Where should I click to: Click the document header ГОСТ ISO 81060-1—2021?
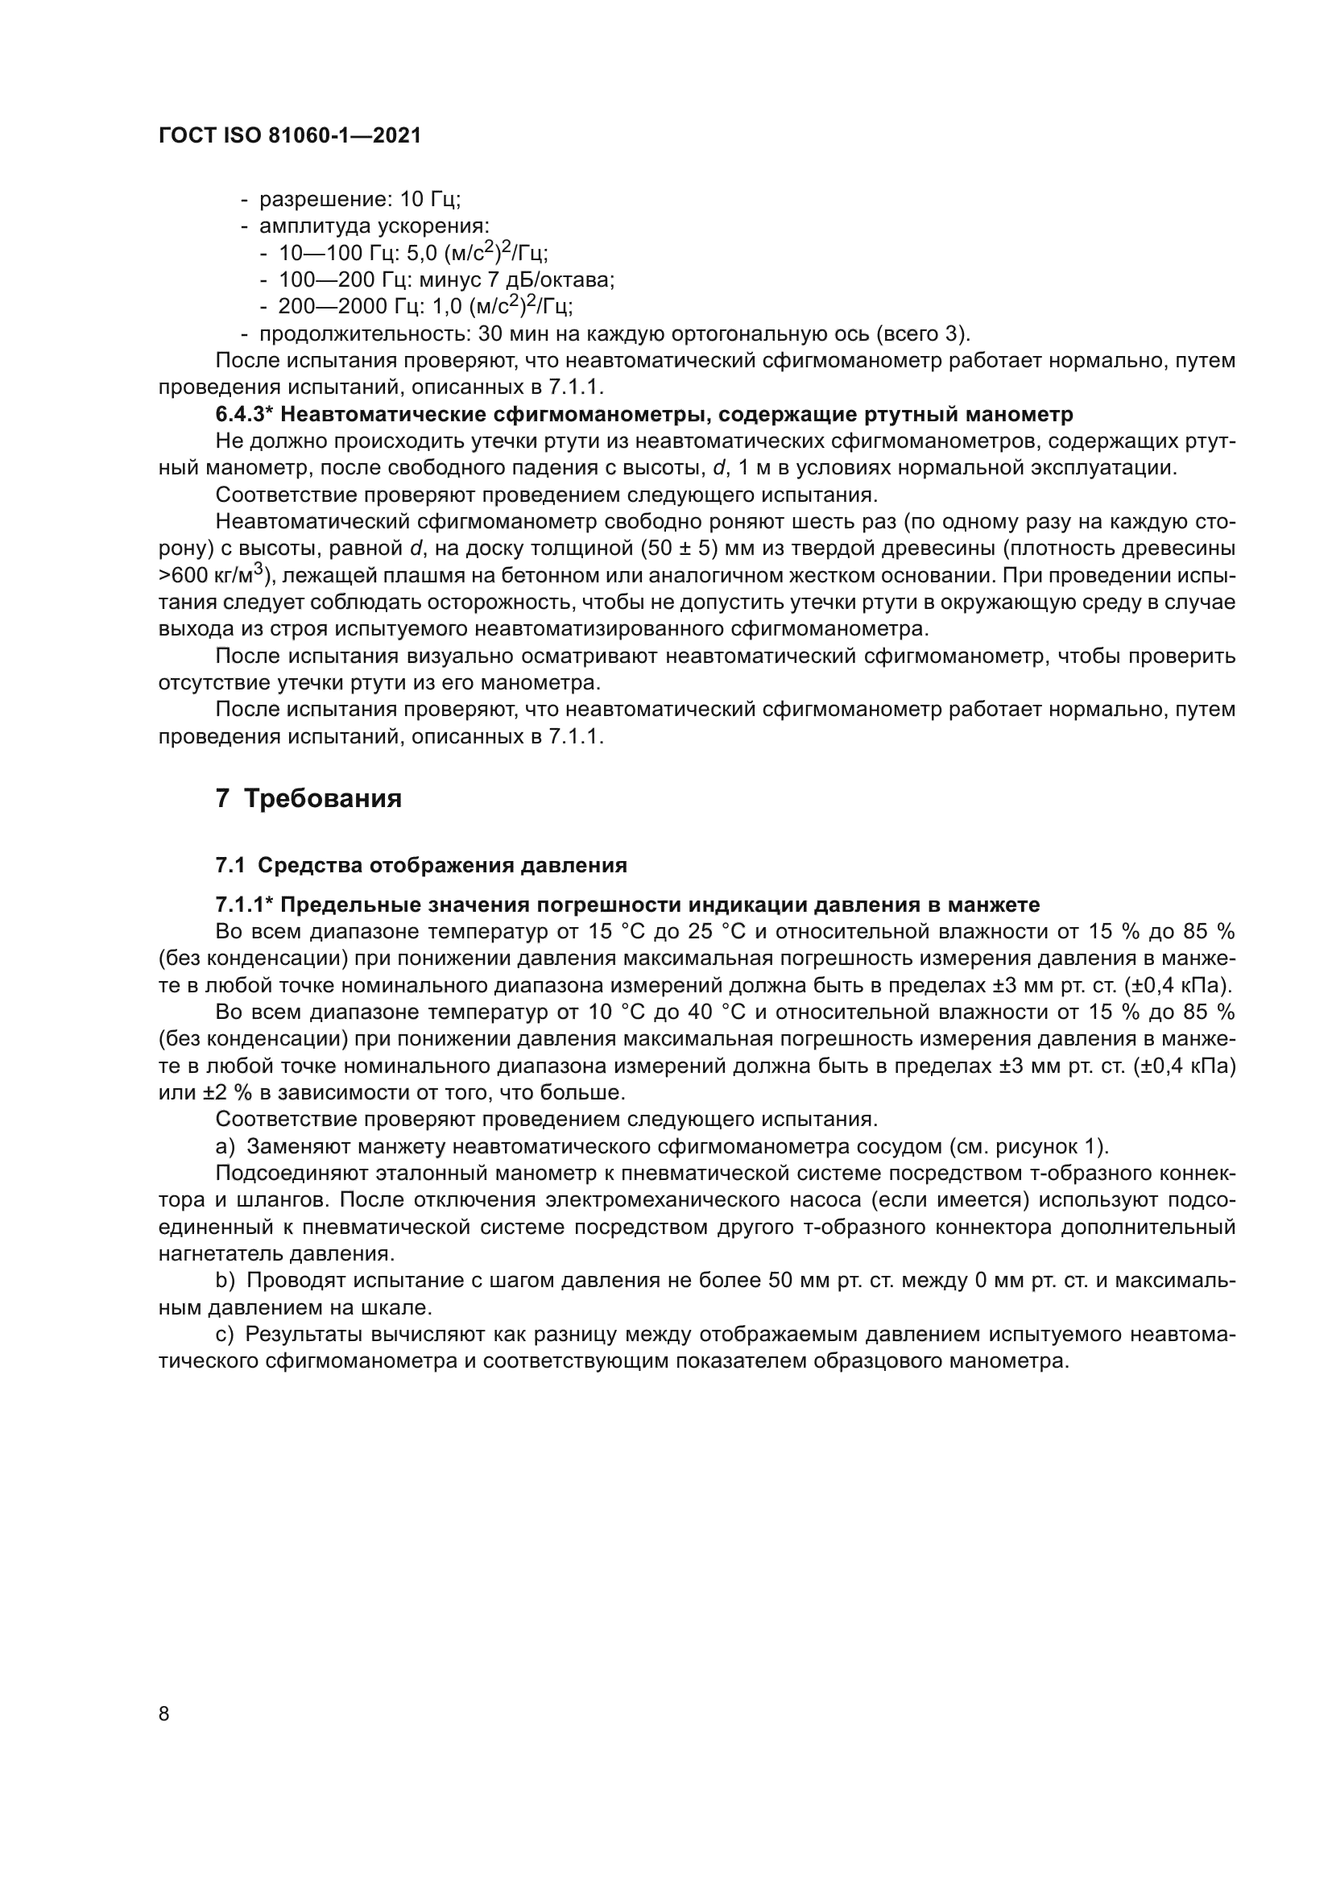click(x=290, y=136)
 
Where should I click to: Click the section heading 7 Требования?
click(x=308, y=798)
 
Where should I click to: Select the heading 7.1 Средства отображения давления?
click(x=420, y=865)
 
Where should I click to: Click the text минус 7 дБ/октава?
click(x=516, y=279)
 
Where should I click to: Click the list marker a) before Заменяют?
click(x=225, y=1146)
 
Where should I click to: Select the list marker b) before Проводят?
click(x=225, y=1281)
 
